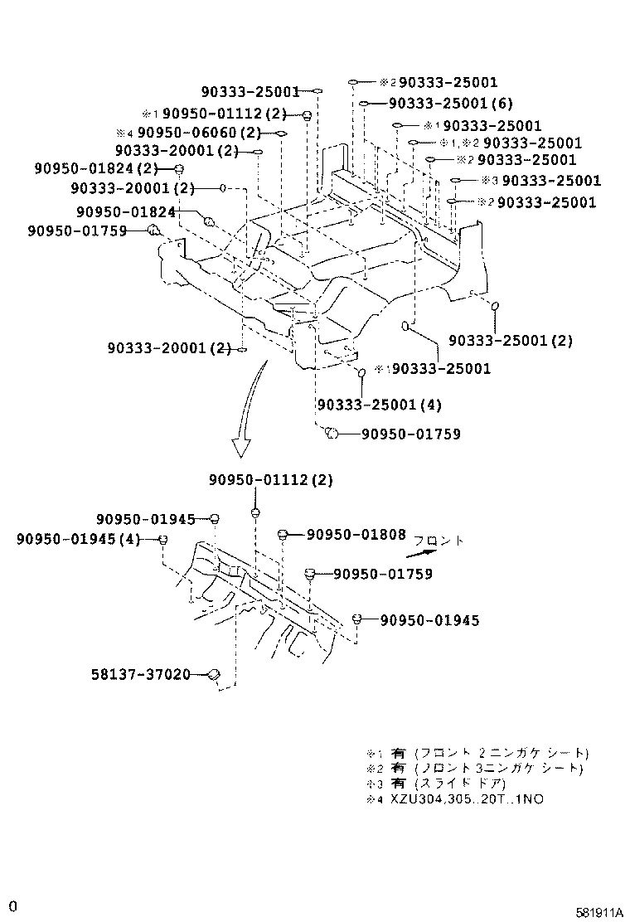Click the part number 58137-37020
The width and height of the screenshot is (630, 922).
(141, 674)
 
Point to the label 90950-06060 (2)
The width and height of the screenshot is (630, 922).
(200, 133)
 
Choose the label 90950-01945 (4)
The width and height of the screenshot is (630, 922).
(78, 540)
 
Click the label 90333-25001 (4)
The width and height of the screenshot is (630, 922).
(379, 405)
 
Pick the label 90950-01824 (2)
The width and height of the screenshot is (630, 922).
(97, 168)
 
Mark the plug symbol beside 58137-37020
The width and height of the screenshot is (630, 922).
(213, 675)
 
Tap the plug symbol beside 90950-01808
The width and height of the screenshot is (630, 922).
(283, 535)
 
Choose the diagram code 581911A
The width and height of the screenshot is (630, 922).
(599, 913)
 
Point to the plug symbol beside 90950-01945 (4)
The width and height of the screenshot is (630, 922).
(164, 540)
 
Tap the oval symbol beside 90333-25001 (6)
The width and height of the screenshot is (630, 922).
(364, 104)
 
